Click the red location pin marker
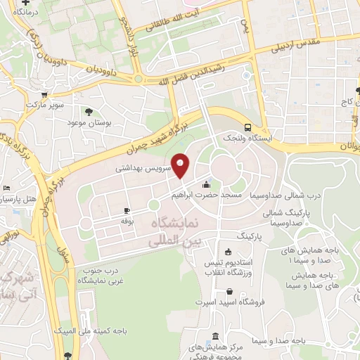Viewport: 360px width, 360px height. tap(181, 165)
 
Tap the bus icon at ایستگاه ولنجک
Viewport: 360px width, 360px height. tap(247, 127)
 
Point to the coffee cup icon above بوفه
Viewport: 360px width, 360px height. tap(127, 211)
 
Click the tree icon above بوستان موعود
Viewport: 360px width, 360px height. tap(88, 111)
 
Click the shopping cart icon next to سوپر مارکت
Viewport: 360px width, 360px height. tap(44, 94)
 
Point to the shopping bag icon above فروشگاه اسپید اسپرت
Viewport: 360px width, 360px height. tap(230, 292)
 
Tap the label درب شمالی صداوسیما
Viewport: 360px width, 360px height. tap(295, 195)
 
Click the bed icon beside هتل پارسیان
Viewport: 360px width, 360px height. tap(6, 189)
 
